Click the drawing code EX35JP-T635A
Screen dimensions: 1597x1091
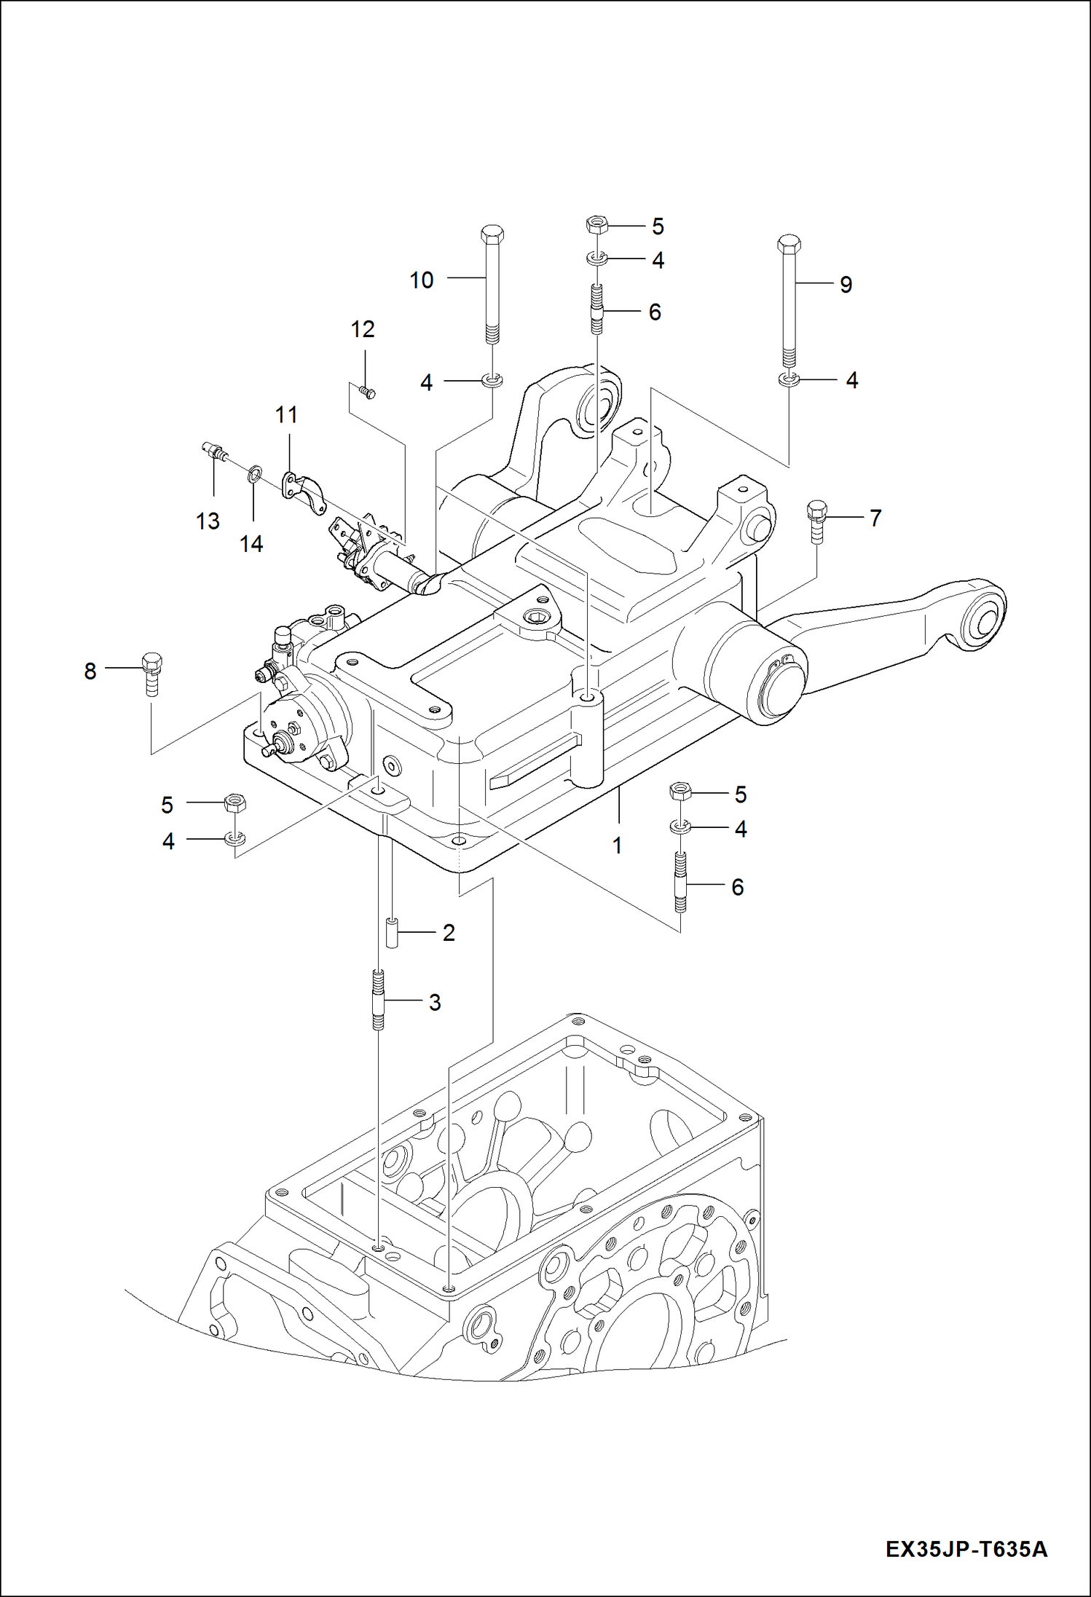click(x=966, y=1550)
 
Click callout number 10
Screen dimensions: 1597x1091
click(x=421, y=280)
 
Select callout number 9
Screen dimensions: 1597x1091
click(x=846, y=285)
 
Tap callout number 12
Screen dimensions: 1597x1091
click(x=362, y=330)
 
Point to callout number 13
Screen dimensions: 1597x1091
click(x=208, y=521)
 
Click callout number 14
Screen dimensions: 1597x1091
click(x=251, y=544)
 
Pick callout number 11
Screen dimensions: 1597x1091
click(x=286, y=415)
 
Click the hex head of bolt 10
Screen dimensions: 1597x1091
click(x=492, y=234)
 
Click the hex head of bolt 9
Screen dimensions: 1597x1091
click(x=789, y=242)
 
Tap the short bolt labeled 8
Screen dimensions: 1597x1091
click(x=151, y=674)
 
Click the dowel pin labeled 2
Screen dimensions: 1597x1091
click(x=392, y=933)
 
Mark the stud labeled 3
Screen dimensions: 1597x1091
click(x=378, y=1001)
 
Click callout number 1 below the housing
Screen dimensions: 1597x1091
click(x=617, y=846)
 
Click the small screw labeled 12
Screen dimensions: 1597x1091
click(x=369, y=393)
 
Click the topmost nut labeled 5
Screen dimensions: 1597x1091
click(x=596, y=224)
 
